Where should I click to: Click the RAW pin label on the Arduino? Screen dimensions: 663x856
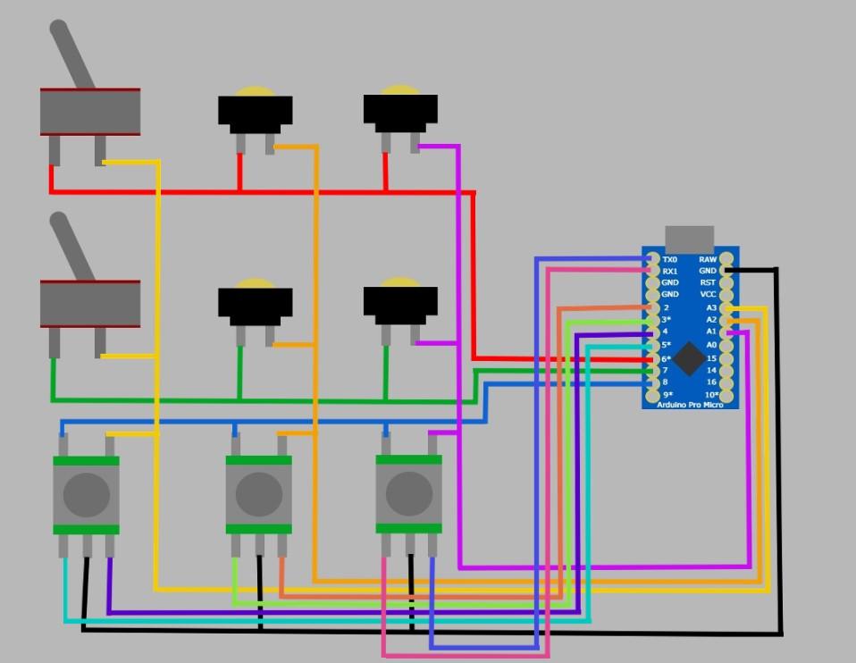coord(708,259)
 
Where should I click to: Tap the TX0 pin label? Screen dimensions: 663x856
coord(669,259)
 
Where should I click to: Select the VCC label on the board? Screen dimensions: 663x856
coord(708,294)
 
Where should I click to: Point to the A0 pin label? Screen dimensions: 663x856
coord(711,344)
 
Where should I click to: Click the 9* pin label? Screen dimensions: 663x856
coord(667,394)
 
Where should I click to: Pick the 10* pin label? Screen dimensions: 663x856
coord(710,394)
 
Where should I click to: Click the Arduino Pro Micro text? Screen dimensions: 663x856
coord(689,406)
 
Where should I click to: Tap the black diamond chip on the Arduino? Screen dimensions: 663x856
coord(689,357)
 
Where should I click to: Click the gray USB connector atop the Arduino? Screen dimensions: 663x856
coord(689,238)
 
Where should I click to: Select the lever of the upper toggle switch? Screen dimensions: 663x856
coord(71,54)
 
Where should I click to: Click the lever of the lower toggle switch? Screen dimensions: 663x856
coord(71,246)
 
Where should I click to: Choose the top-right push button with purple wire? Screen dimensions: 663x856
coord(400,111)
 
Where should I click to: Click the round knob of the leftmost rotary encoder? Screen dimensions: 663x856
coord(87,493)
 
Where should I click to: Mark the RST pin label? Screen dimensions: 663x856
coord(708,282)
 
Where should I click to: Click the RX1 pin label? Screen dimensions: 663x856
coord(669,271)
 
